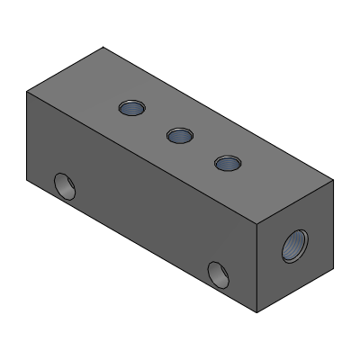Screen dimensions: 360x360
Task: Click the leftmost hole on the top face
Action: (x=132, y=109)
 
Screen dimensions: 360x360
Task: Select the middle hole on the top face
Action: (x=180, y=136)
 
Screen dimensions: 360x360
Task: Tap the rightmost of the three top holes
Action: (x=228, y=163)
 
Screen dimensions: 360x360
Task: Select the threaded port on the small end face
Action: (x=295, y=244)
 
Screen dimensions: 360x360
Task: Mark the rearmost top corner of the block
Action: (x=104, y=48)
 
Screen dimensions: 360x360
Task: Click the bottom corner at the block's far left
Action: (x=27, y=181)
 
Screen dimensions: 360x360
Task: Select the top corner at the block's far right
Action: (x=334, y=180)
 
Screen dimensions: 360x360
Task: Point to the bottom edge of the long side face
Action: (x=143, y=247)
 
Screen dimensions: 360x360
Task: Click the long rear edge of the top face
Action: (x=219, y=113)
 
